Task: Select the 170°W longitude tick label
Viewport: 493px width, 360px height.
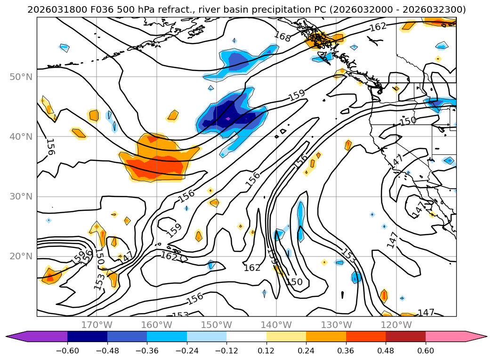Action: coord(97,325)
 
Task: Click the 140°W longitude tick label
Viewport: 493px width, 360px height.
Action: coord(276,325)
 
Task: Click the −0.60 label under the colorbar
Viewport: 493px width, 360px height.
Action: coord(67,351)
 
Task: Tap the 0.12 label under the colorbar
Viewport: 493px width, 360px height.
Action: coord(267,351)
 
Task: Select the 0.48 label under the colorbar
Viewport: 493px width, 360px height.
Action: coord(386,351)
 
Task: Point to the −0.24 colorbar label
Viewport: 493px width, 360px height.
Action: coord(187,351)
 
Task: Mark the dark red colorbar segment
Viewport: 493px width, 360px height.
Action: coord(405,336)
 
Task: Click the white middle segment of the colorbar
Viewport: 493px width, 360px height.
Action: coord(246,336)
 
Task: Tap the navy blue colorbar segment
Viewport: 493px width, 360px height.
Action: coord(87,336)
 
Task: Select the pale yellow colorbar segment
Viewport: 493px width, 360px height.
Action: coord(286,336)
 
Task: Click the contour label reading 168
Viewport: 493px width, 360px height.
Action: coord(282,36)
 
